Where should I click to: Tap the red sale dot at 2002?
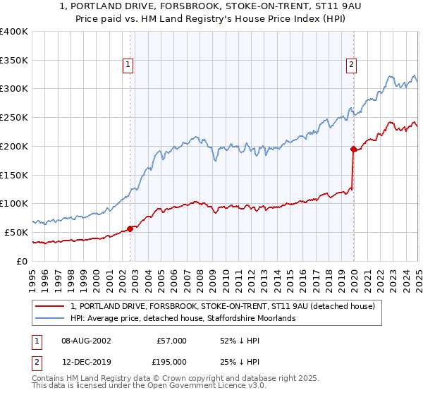coord(130,229)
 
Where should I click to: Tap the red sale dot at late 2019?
coord(353,149)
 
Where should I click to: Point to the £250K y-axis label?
coord(14,118)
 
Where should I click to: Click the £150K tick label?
coord(14,175)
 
